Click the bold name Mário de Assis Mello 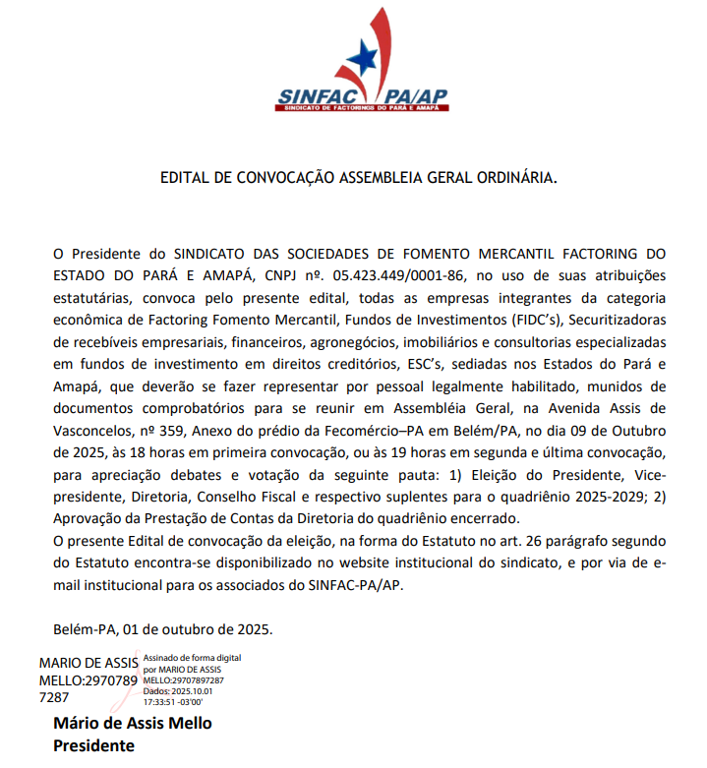pos(132,724)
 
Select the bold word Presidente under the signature pos(93,745)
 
